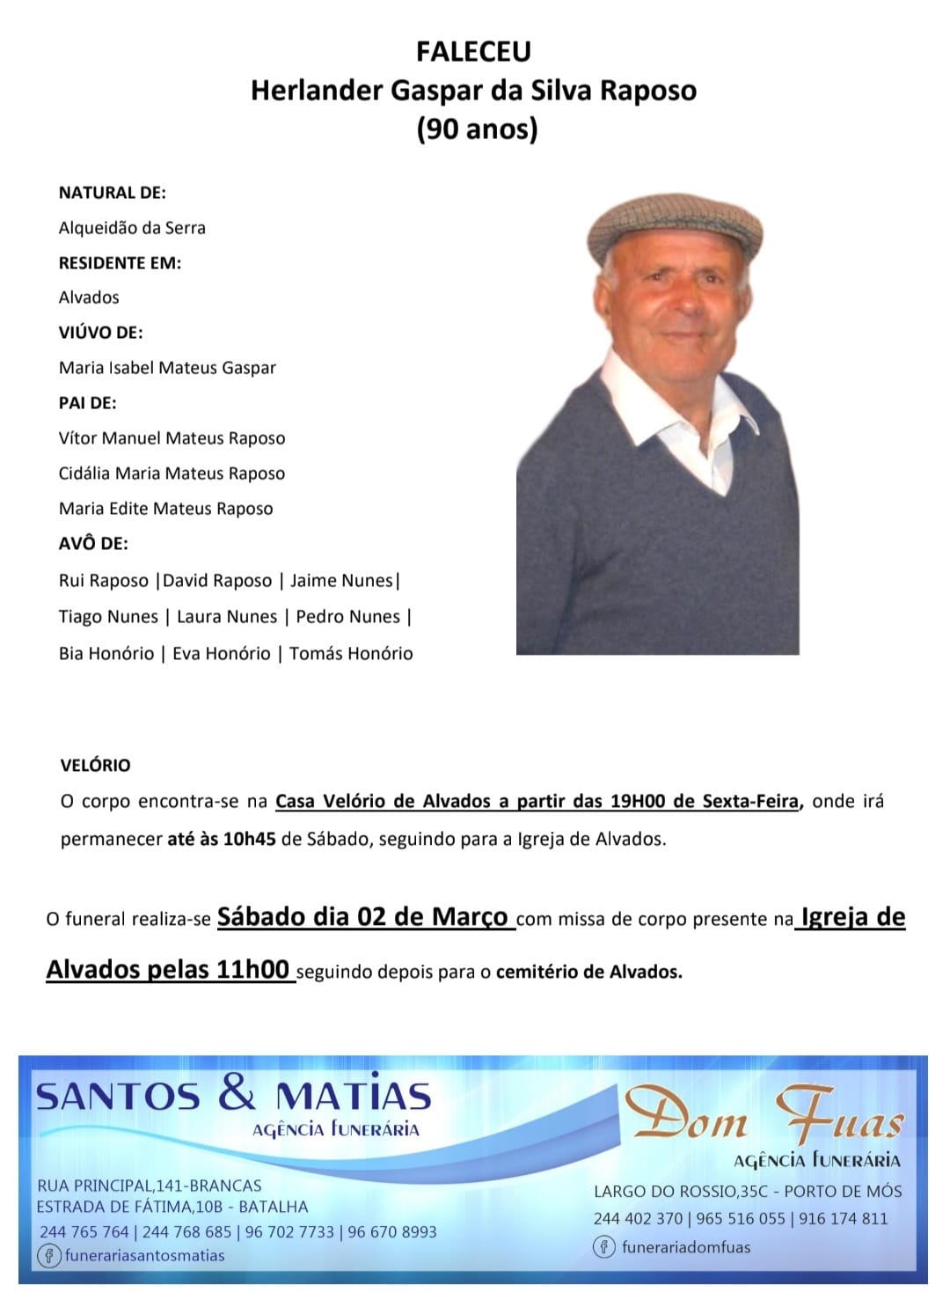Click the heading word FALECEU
pos(473,52)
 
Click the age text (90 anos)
pos(477,129)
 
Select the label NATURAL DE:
pos(112,193)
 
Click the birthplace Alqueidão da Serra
pos(132,228)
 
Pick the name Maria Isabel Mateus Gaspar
pos(167,368)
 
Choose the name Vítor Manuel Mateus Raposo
pos(172,438)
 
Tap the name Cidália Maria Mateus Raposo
pos(172,473)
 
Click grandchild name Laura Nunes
pos(227,617)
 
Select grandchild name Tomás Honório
pos(351,654)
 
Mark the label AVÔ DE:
pos(93,544)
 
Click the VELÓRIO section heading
pos(95,766)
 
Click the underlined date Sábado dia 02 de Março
pos(362,917)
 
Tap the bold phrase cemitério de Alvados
pos(588,973)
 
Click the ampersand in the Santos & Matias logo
pos(237,1093)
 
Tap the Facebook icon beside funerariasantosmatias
pos(49,1255)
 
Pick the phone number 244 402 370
pos(638,1219)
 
